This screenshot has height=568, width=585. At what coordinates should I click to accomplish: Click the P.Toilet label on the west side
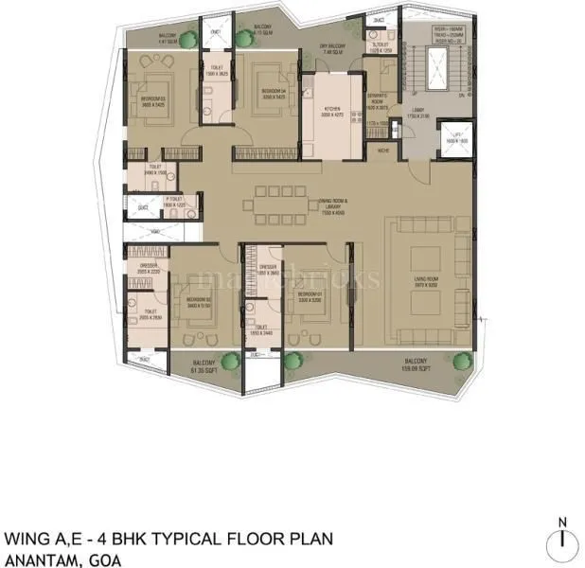tap(153, 203)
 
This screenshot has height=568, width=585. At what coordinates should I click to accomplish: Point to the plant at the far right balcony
tap(463, 359)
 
